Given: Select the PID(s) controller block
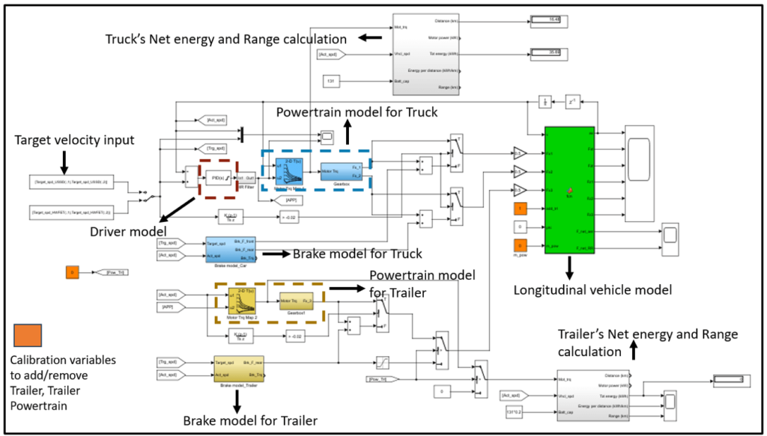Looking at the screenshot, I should (218, 177).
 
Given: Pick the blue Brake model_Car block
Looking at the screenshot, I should (231, 250).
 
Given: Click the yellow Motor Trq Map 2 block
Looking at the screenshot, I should (243, 301).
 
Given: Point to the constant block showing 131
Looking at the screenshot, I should (333, 80).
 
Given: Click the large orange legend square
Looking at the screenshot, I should (28, 335).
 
